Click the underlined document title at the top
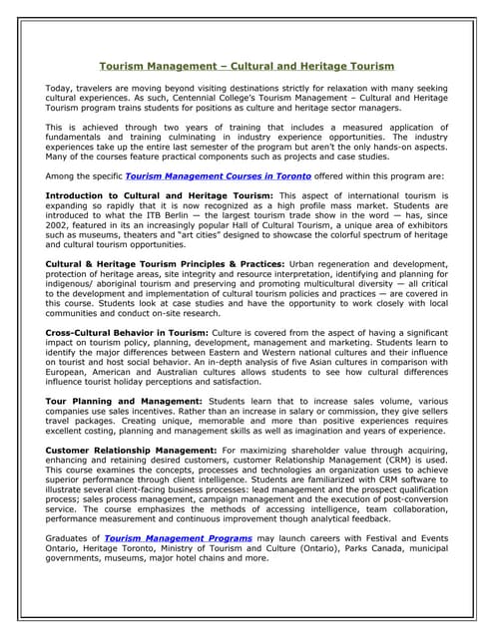[x=247, y=66]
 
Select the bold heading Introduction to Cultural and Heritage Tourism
[x=160, y=195]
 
